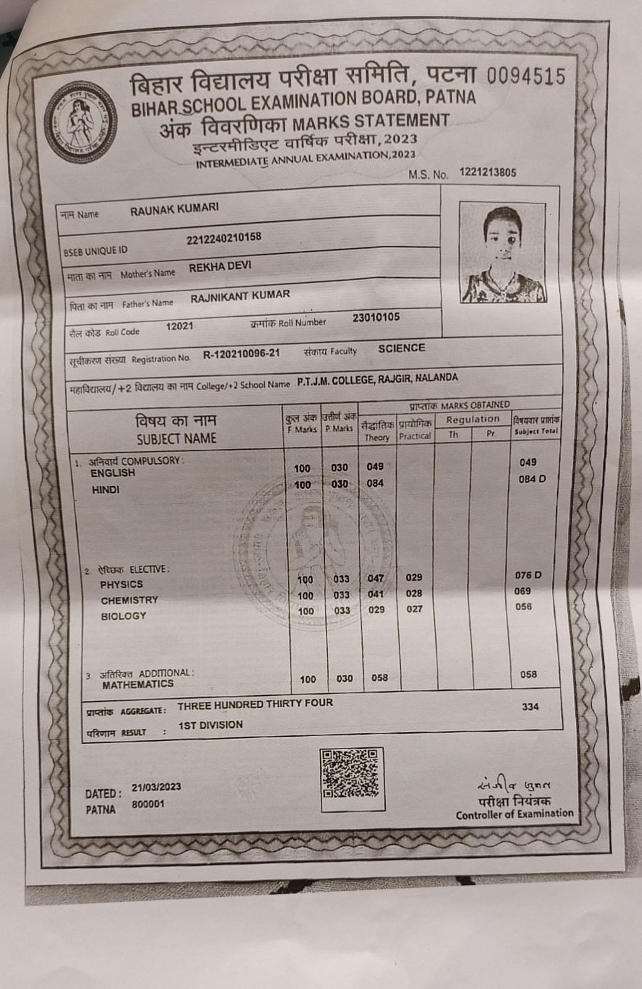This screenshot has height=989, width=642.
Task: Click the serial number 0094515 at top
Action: [526, 76]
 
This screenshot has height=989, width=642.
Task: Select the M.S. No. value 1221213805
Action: [487, 173]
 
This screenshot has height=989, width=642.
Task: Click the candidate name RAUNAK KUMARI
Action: [174, 208]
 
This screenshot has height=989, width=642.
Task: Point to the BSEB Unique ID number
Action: [223, 238]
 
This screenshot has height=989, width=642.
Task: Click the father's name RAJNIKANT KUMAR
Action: [240, 296]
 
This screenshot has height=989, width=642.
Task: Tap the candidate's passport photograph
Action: [502, 253]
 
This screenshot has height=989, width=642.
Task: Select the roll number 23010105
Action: [376, 318]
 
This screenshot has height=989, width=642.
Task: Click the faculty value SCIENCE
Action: [401, 348]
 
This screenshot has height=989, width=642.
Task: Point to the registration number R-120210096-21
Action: [241, 354]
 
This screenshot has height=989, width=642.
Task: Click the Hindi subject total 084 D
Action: [531, 479]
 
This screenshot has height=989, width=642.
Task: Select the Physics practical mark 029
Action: [414, 577]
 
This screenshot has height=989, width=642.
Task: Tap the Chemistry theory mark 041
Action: [375, 594]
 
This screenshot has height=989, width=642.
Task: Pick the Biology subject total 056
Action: [523, 607]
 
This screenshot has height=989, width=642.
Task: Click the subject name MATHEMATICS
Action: [138, 685]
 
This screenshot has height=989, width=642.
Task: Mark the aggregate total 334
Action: [530, 706]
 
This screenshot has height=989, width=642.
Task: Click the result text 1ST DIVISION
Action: [210, 725]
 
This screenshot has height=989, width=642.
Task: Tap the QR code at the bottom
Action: [350, 773]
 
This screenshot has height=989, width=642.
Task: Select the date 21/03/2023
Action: [156, 787]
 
